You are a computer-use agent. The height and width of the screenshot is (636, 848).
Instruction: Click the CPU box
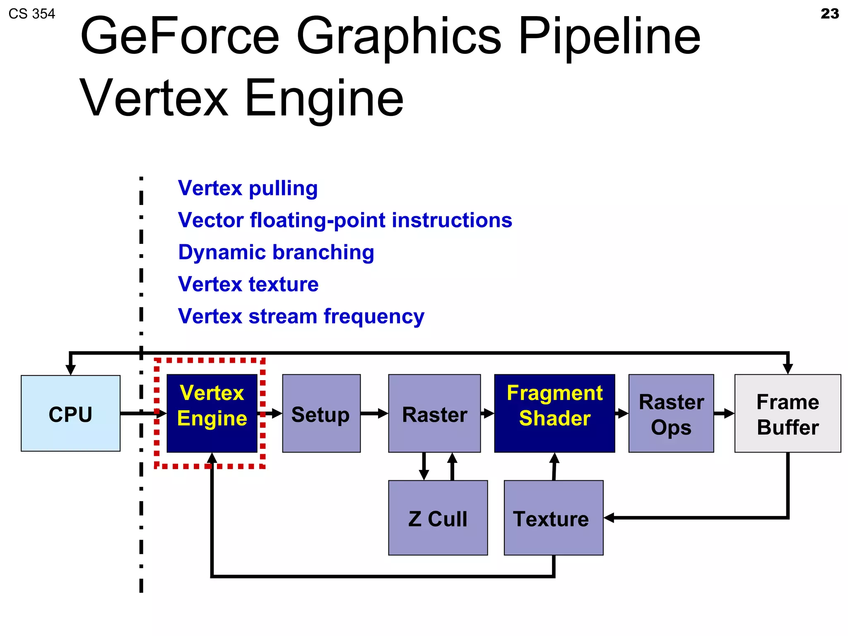[70, 413]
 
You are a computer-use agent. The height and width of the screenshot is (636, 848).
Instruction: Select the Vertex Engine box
[212, 413]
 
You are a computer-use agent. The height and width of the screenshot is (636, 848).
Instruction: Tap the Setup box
[321, 413]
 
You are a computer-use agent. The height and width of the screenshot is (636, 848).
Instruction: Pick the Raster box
[434, 413]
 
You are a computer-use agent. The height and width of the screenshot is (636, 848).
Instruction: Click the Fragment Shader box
[554, 413]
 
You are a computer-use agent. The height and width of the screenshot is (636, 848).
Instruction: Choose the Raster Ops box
[671, 413]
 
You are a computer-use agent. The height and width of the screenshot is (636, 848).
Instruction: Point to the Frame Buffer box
[788, 413]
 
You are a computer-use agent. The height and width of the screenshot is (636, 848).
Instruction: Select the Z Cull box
[438, 518]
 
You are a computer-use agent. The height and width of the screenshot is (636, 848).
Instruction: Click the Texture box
[553, 518]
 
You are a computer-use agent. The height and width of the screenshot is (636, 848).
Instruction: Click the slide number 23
[829, 14]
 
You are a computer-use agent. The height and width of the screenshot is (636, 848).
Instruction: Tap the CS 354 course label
[32, 14]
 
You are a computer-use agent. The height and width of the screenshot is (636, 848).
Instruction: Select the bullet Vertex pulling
[248, 188]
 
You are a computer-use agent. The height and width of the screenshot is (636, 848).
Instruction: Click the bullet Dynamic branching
[276, 253]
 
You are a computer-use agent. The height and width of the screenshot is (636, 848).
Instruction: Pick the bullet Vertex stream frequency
[301, 317]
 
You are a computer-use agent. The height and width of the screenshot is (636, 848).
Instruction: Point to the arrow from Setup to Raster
[374, 413]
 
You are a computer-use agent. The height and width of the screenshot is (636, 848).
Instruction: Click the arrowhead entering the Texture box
[609, 518]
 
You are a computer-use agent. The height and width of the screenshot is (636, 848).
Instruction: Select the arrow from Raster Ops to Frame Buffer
[724, 413]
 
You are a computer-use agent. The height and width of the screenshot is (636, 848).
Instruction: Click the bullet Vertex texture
[248, 284]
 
